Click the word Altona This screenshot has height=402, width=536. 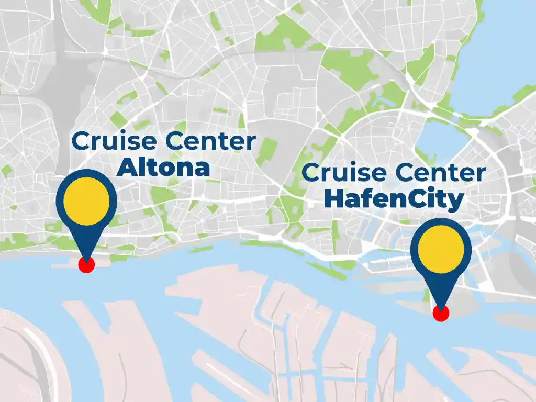(163, 167)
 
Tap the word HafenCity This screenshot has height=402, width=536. (394, 199)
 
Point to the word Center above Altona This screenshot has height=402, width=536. (209, 142)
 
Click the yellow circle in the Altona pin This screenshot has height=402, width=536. (86, 200)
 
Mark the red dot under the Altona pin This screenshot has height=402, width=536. (86, 265)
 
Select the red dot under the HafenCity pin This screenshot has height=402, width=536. (441, 314)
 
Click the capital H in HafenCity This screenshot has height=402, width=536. (333, 199)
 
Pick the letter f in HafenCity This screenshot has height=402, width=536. (366, 199)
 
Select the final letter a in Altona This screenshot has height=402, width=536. (202, 169)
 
